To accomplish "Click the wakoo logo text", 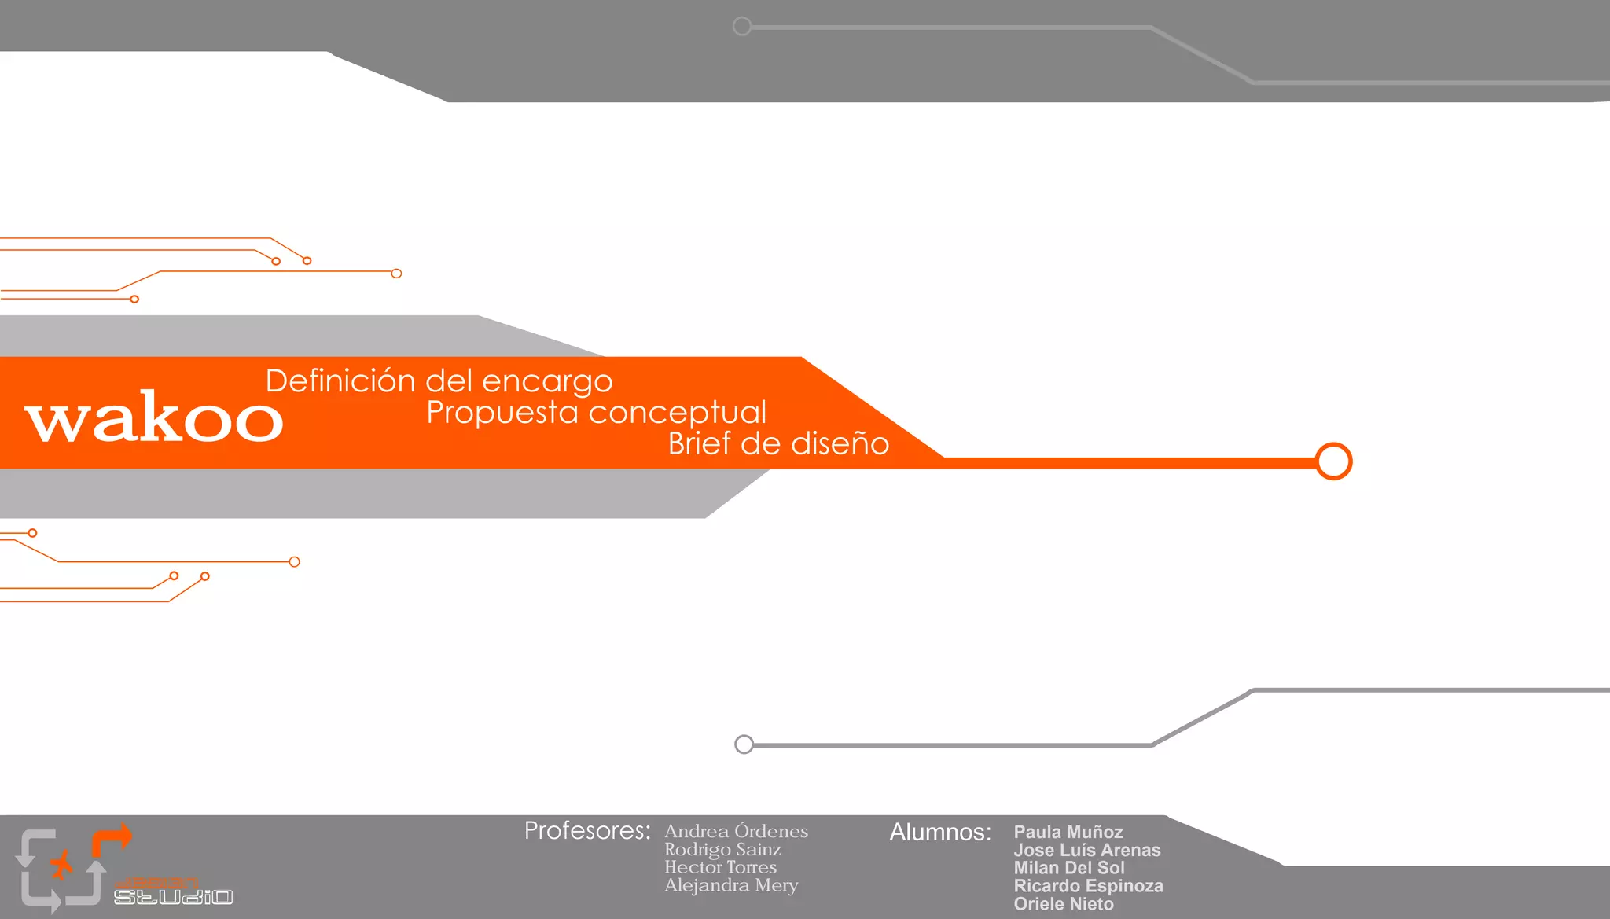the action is click(154, 417).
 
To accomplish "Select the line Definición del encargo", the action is click(439, 381).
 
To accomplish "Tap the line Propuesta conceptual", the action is click(596, 413).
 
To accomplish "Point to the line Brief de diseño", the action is click(778, 444).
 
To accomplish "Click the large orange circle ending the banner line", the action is click(1333, 461).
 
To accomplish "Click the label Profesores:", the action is click(587, 831).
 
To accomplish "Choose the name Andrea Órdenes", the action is click(736, 832).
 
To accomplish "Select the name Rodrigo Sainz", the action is click(722, 850).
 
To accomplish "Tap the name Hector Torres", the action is click(720, 868).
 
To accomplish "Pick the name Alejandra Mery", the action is click(731, 886).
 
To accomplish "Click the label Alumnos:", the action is click(940, 833).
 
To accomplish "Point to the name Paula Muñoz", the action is click(1068, 833).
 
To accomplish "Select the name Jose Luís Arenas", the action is click(1086, 851).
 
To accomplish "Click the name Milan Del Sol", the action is click(1068, 869).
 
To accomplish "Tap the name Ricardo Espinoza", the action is click(1088, 887).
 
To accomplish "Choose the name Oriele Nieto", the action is click(1063, 905).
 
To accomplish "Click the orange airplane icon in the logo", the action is click(61, 865).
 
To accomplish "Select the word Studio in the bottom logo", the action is click(173, 897).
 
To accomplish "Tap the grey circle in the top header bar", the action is click(741, 27).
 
